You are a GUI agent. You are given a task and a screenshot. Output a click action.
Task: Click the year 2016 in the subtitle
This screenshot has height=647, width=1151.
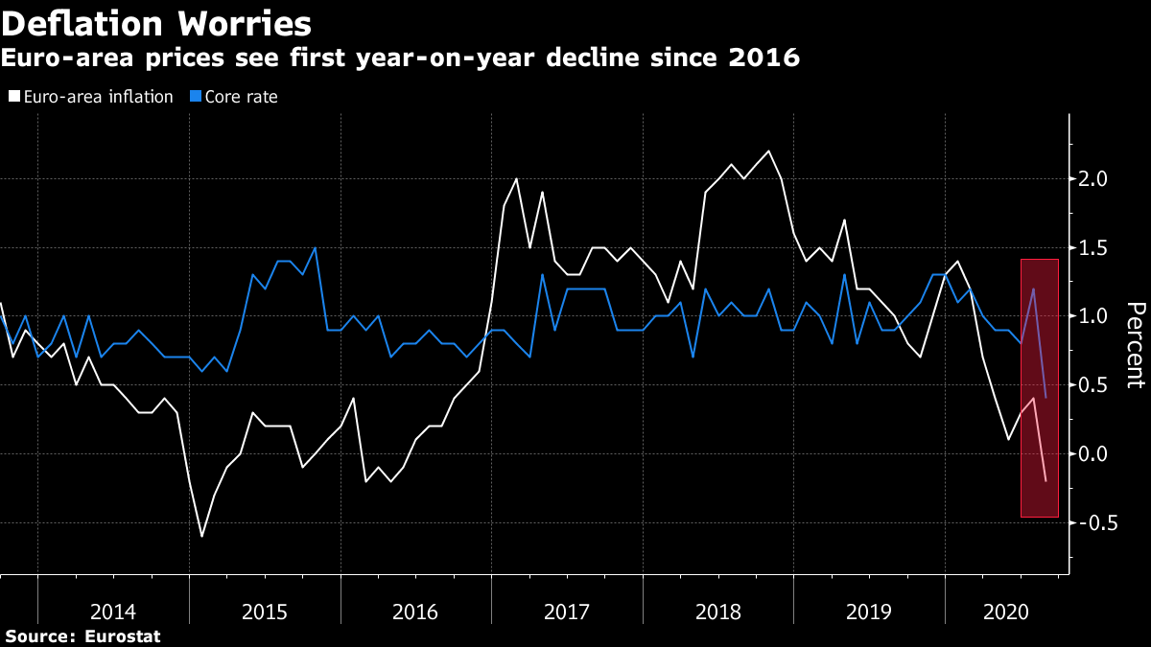763,58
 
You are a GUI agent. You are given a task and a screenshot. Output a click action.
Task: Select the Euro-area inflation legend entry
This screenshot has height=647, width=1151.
90,97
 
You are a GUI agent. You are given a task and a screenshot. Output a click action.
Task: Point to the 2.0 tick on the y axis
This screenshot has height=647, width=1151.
1094,179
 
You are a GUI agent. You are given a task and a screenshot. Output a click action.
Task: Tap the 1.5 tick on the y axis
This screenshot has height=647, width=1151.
1094,248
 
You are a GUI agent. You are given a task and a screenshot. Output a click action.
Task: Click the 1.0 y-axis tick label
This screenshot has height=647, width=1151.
1094,316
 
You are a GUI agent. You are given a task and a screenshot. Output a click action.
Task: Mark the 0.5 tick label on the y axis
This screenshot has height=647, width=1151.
1094,385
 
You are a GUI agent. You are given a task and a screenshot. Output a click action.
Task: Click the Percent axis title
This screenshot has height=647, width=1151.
1135,345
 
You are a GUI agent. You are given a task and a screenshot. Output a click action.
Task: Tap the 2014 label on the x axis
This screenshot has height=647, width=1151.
113,611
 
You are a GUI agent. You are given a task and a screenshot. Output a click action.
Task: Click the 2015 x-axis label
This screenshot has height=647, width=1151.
265,611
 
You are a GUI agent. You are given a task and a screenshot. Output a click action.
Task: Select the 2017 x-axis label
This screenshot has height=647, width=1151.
567,611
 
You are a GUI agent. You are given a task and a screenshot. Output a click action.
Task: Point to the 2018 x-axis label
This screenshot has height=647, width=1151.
718,611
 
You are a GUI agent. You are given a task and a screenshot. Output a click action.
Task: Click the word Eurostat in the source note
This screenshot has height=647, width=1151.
122,636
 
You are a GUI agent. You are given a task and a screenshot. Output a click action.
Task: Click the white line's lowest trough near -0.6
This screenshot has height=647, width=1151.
201,536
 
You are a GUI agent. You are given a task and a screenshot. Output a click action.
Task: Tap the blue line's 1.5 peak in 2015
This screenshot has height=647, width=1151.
316,248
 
